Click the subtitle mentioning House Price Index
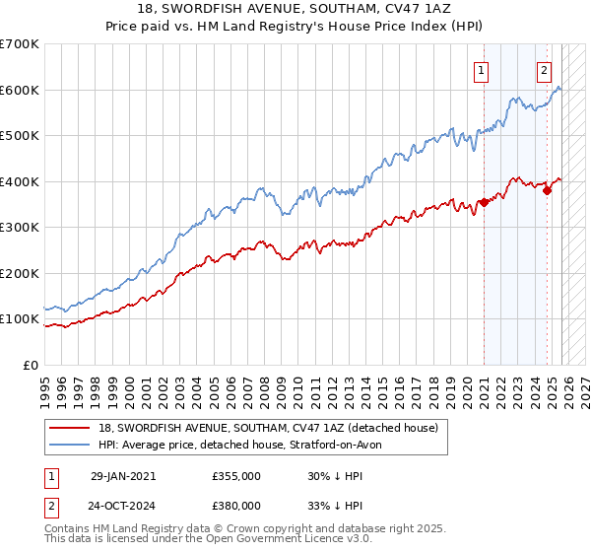tap(295, 28)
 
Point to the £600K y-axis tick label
tap(20, 90)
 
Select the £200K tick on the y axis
tap(20, 273)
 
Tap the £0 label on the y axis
tap(30, 365)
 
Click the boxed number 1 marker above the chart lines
tap(482, 70)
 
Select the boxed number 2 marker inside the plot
tap(544, 70)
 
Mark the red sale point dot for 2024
tap(548, 190)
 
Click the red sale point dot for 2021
tap(484, 203)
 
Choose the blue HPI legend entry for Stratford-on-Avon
tap(245, 445)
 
